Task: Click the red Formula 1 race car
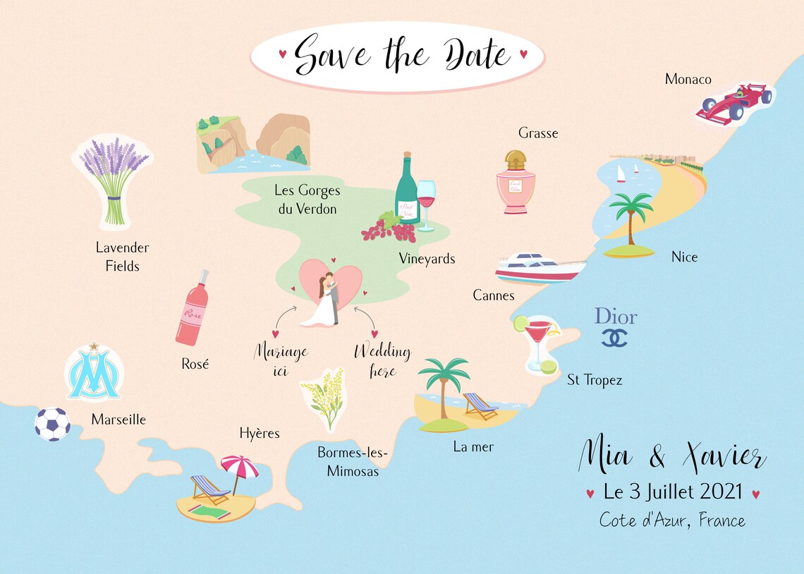tap(733, 104)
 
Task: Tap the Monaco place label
tap(688, 79)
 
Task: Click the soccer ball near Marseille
tap(53, 424)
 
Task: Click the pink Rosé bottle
tap(192, 310)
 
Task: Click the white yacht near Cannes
tap(540, 268)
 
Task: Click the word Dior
tap(616, 316)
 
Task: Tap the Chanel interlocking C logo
tap(614, 338)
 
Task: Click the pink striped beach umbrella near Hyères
tap(240, 468)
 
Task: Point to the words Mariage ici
tap(281, 360)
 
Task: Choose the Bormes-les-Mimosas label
tap(353, 462)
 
